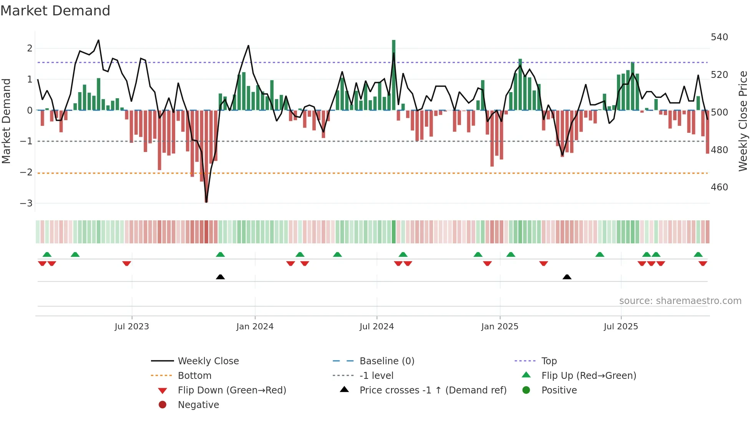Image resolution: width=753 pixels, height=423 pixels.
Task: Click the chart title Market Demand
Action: [x=55, y=11]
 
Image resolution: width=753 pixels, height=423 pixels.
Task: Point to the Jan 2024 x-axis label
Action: [x=255, y=327]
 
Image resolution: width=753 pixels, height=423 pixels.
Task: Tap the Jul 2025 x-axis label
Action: [x=620, y=327]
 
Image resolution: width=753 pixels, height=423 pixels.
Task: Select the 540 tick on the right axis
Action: [x=719, y=37]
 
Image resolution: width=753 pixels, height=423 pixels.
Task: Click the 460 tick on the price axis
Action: [x=719, y=187]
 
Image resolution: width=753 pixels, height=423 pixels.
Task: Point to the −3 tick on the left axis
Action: [x=26, y=203]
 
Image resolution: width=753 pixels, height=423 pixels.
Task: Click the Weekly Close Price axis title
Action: [x=743, y=121]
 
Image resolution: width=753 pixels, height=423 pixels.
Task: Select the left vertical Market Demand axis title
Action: [x=6, y=121]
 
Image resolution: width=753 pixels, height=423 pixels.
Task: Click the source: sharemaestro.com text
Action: [x=680, y=301]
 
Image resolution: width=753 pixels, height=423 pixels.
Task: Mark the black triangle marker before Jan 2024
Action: [x=220, y=277]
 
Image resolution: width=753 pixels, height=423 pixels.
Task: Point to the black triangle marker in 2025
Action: [x=567, y=277]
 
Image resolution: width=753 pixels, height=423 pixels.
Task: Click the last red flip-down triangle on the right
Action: [x=703, y=263]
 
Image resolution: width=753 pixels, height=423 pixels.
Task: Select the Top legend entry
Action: [x=549, y=361]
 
